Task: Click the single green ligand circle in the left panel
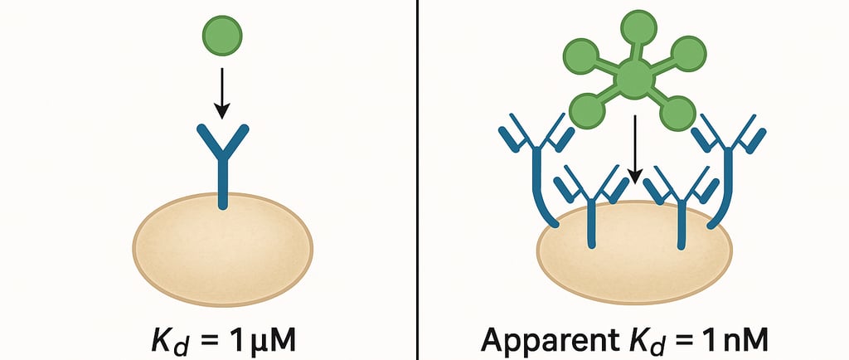pyautogui.click(x=222, y=36)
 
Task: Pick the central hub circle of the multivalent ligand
pyautogui.click(x=633, y=80)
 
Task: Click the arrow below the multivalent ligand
pyautogui.click(x=634, y=149)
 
